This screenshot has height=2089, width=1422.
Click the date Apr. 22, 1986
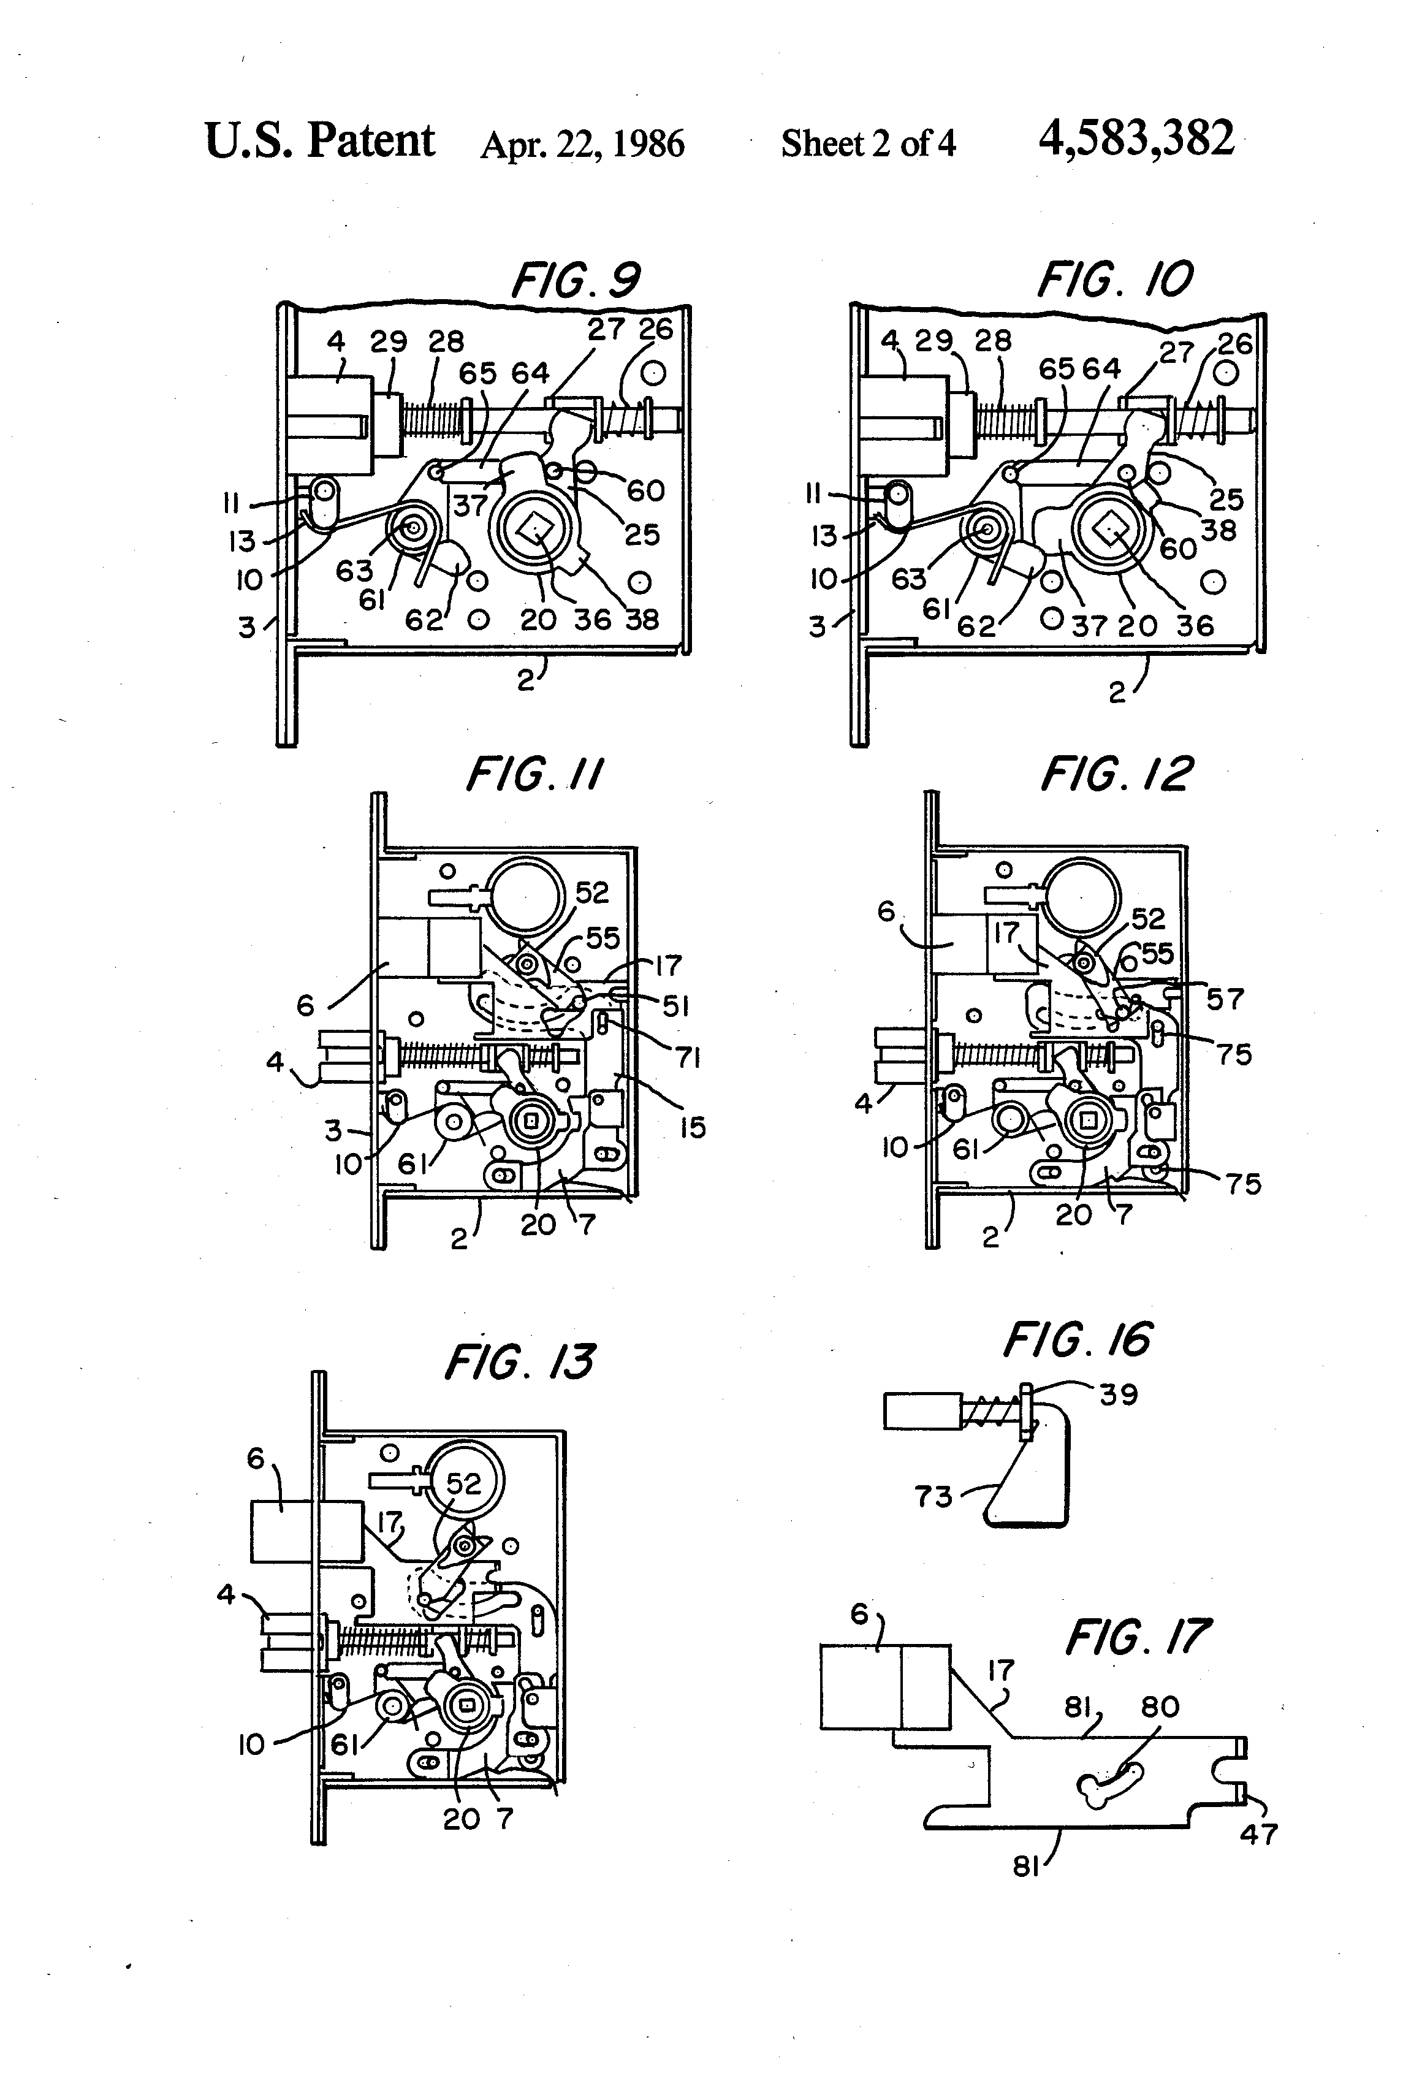point(582,144)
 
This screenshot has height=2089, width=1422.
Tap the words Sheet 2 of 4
point(867,144)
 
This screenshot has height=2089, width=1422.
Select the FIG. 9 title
point(576,281)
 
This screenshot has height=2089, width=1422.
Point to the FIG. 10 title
point(1114,281)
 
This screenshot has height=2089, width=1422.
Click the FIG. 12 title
point(1116,774)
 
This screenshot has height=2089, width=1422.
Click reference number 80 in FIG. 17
point(1160,1706)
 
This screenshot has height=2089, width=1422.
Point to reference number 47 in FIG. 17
point(1258,1835)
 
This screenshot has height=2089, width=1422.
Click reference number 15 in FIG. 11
point(692,1127)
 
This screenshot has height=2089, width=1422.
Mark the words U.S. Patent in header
point(320,141)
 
